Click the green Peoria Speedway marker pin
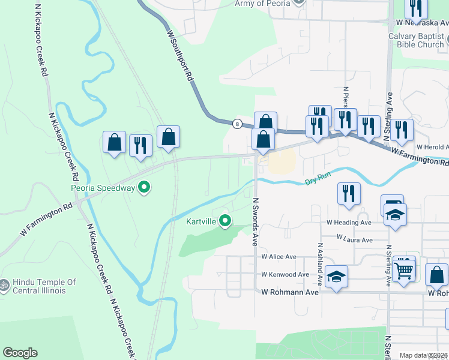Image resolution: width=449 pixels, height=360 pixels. click(x=144, y=188)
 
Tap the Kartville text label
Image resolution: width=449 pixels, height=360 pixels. click(x=200, y=222)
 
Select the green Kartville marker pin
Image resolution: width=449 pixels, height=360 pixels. click(x=225, y=221)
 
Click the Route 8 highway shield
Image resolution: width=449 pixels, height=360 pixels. click(x=238, y=124)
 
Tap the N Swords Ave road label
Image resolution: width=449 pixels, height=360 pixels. click(x=255, y=222)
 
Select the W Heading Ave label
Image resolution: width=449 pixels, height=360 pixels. click(x=349, y=222)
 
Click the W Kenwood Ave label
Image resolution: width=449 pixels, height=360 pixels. click(x=285, y=275)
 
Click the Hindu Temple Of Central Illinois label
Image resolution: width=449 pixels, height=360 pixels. click(x=46, y=287)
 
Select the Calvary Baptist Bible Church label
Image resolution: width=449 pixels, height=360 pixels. click(x=415, y=40)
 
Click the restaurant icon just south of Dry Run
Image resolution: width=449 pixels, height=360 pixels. click(x=349, y=193)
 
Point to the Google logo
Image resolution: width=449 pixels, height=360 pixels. click(x=20, y=353)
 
